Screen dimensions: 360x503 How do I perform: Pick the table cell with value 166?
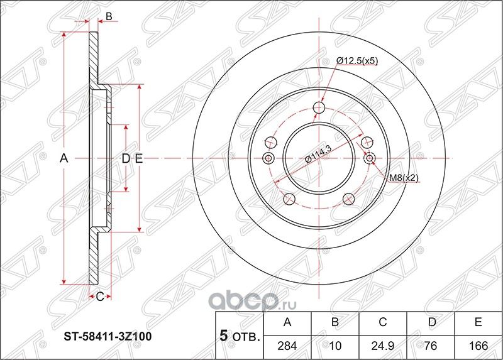(x=478, y=346)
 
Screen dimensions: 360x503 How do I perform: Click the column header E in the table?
(x=478, y=322)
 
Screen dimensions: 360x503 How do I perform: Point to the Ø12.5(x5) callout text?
(x=357, y=61)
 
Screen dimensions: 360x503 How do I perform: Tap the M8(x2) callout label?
(x=403, y=178)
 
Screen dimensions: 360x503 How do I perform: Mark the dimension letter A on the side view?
(x=63, y=159)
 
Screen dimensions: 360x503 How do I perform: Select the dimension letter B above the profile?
(x=108, y=17)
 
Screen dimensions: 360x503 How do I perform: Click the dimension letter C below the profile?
(x=99, y=297)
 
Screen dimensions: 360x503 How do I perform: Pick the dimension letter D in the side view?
(x=125, y=159)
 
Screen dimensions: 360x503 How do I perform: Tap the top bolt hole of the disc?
(x=319, y=109)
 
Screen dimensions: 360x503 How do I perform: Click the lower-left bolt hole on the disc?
(x=289, y=199)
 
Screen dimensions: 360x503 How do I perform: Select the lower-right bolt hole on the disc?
(x=348, y=199)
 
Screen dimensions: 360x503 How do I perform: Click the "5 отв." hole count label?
(x=238, y=335)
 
